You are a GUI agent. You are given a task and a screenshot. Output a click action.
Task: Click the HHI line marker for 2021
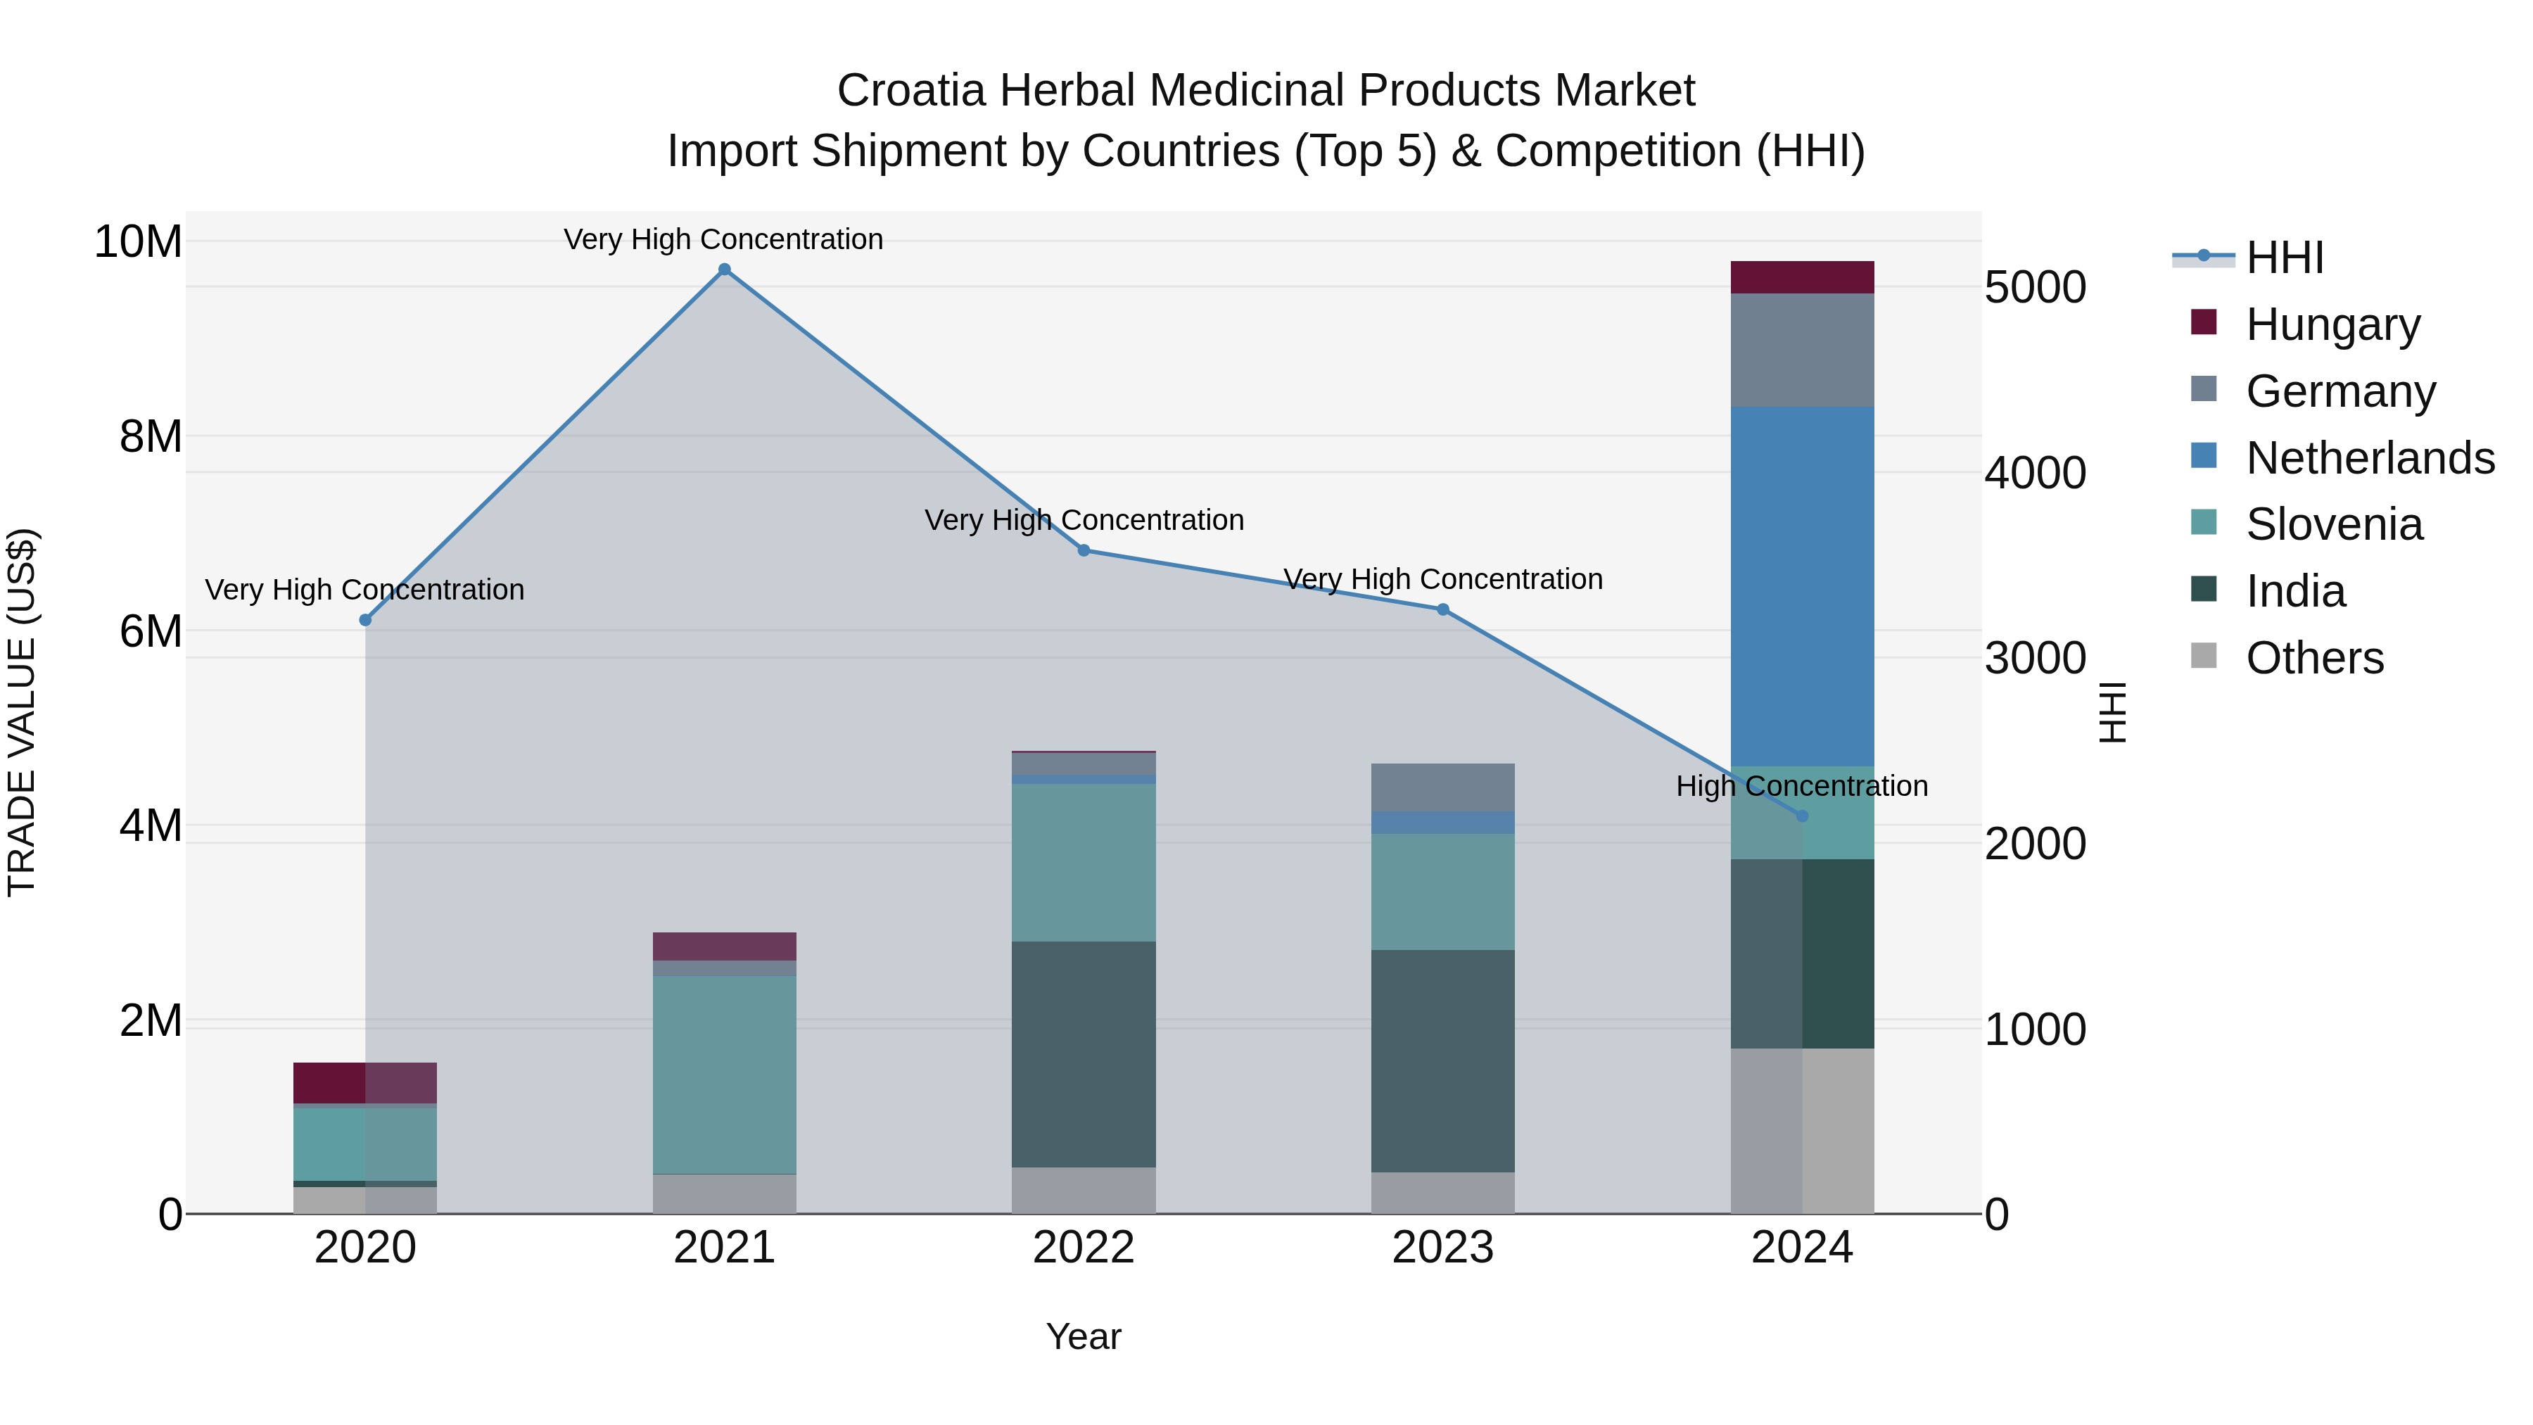[x=724, y=270]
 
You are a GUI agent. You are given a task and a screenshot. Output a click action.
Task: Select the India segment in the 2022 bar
[x=1084, y=1054]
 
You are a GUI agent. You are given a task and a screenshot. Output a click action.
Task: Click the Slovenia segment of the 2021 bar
[x=724, y=1074]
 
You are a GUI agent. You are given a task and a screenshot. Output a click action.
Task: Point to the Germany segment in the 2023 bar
[x=1442, y=787]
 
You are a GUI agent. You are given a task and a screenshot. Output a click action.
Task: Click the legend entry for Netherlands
[x=2370, y=458]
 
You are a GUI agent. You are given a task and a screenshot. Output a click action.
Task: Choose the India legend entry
[x=2295, y=591]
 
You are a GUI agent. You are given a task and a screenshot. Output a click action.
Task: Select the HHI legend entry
[x=2284, y=258]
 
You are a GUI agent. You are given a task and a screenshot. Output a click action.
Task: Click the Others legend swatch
[x=2204, y=656]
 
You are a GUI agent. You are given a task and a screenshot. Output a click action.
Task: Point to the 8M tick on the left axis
[x=151, y=436]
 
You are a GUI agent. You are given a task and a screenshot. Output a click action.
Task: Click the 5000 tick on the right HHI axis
[x=2034, y=287]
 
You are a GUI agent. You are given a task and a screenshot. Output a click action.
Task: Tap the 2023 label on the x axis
[x=1442, y=1248]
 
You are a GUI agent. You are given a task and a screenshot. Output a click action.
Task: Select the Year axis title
[x=1083, y=1336]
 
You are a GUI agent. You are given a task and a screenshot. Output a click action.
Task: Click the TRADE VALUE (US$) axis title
[x=22, y=712]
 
